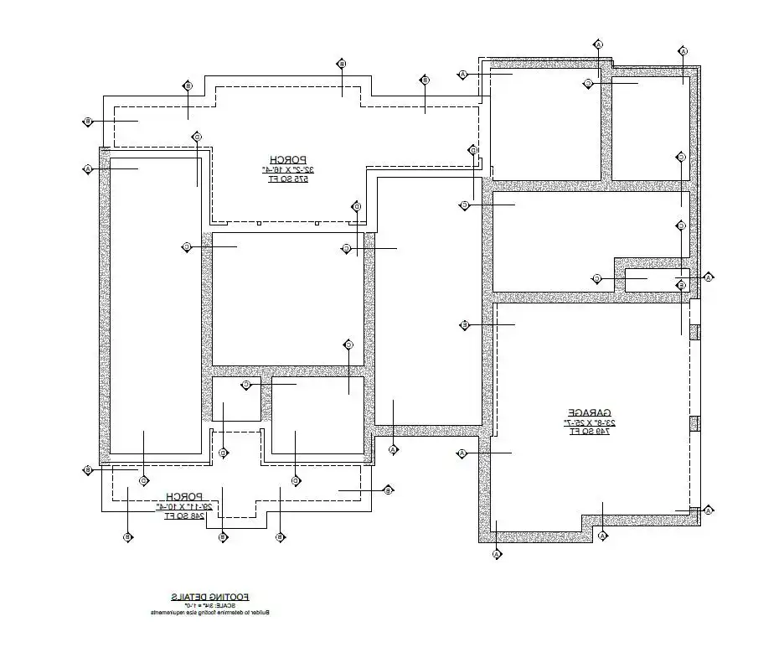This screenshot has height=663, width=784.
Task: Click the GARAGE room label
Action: coord(591,412)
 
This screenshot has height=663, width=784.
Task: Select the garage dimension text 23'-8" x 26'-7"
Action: coord(591,422)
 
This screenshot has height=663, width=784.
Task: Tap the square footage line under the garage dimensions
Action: coord(591,432)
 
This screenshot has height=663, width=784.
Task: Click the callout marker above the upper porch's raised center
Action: coord(342,64)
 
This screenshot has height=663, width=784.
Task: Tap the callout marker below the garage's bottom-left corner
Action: coord(497,554)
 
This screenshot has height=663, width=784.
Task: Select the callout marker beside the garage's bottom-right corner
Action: coord(708,510)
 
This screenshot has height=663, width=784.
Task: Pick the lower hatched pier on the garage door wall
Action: coord(694,423)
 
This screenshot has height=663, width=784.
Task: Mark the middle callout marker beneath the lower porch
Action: coord(223,536)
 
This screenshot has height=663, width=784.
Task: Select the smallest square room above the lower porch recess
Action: coord(236,399)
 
